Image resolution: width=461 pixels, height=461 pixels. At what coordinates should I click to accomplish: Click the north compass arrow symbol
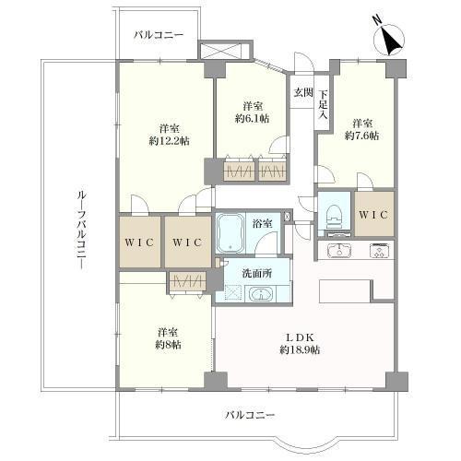click(x=388, y=39)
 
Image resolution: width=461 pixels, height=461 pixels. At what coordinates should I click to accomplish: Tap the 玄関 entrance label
click(x=302, y=92)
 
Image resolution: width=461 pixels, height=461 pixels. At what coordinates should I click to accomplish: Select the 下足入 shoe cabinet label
click(x=323, y=104)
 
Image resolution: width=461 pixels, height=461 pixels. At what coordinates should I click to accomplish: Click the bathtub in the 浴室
click(x=230, y=232)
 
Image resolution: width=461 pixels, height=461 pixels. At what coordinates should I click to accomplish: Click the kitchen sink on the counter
click(x=339, y=250)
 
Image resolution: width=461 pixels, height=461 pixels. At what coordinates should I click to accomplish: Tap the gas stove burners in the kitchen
click(x=381, y=251)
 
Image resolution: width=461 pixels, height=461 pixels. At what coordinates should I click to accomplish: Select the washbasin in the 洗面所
click(x=261, y=294)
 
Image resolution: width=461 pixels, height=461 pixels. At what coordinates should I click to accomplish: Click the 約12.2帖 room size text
click(x=169, y=141)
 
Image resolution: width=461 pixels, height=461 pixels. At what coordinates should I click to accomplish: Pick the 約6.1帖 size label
click(x=253, y=118)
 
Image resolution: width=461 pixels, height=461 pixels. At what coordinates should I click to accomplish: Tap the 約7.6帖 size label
click(x=361, y=136)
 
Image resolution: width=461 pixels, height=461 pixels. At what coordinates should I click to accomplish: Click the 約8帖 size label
click(x=168, y=345)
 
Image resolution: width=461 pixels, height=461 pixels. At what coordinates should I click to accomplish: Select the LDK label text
click(x=300, y=337)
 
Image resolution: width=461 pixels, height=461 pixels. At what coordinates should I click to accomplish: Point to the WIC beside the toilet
click(x=373, y=215)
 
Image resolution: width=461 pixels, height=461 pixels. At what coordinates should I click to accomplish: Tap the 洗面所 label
click(x=257, y=273)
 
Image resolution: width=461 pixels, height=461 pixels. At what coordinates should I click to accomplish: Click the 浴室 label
click(x=262, y=224)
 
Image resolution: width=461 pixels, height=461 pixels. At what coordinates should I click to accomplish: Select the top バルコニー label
click(x=159, y=35)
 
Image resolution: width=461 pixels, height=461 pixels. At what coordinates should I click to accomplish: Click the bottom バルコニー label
click(x=250, y=416)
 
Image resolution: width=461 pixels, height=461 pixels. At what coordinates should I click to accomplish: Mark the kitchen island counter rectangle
click(x=344, y=291)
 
